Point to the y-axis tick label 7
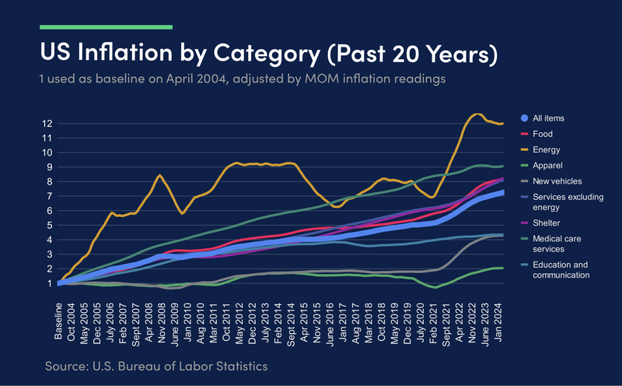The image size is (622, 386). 49,196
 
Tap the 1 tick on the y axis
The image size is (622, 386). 49,283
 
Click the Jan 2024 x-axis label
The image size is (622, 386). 499,321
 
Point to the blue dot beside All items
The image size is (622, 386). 525,118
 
